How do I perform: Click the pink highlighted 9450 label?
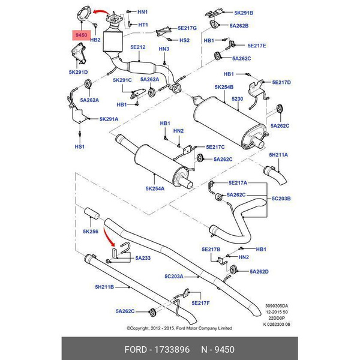pos(81,35)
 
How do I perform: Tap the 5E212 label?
pos(138,47)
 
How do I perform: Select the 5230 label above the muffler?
pos(237,99)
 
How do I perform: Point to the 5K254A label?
pos(155,188)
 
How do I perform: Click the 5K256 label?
pos(91,232)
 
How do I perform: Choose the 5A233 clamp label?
pos(143,258)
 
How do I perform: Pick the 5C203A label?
pos(174,277)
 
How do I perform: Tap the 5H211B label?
pos(104,287)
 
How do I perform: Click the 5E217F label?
pos(200,303)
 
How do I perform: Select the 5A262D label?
pos(259,272)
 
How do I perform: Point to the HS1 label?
pos(79,146)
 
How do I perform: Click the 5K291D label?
pos(78,72)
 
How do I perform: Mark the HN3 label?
pos(164,49)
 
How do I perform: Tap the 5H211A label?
pos(278,155)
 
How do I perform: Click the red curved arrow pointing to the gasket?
pos(101,11)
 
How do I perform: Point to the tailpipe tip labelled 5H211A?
pos(275,176)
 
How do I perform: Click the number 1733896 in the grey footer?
pos(172,350)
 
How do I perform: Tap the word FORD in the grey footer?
pos(136,350)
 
